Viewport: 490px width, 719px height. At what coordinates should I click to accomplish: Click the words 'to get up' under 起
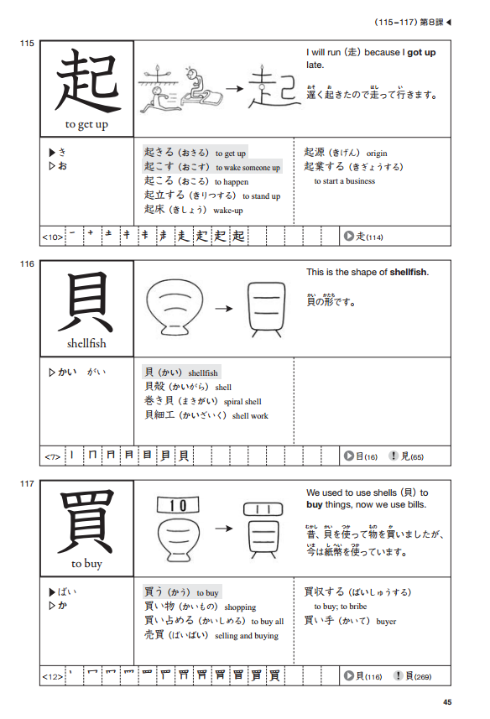(86, 125)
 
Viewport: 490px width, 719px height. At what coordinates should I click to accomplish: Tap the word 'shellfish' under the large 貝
(86, 343)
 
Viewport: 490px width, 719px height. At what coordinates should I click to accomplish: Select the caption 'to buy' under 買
(86, 564)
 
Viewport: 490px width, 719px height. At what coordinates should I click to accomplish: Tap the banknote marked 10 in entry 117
(177, 506)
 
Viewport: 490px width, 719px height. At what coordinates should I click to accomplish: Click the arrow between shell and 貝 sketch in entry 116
(223, 309)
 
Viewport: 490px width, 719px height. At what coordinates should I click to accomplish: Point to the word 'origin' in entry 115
(378, 153)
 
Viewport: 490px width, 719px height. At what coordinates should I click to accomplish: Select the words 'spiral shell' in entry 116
(242, 401)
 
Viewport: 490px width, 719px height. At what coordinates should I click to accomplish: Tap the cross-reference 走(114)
(363, 237)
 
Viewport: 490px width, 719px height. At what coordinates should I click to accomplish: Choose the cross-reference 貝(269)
(417, 676)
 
